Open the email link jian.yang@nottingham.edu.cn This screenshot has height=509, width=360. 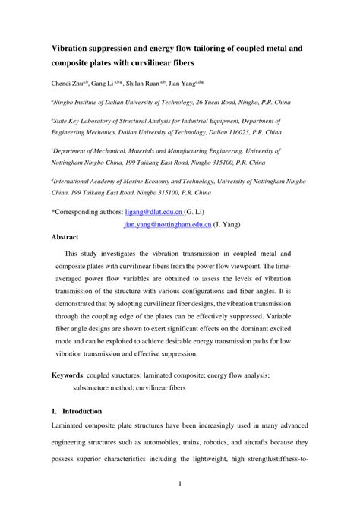pos(167,225)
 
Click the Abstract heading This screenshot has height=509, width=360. pos(68,237)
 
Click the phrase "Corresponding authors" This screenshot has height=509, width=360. pos(91,213)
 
